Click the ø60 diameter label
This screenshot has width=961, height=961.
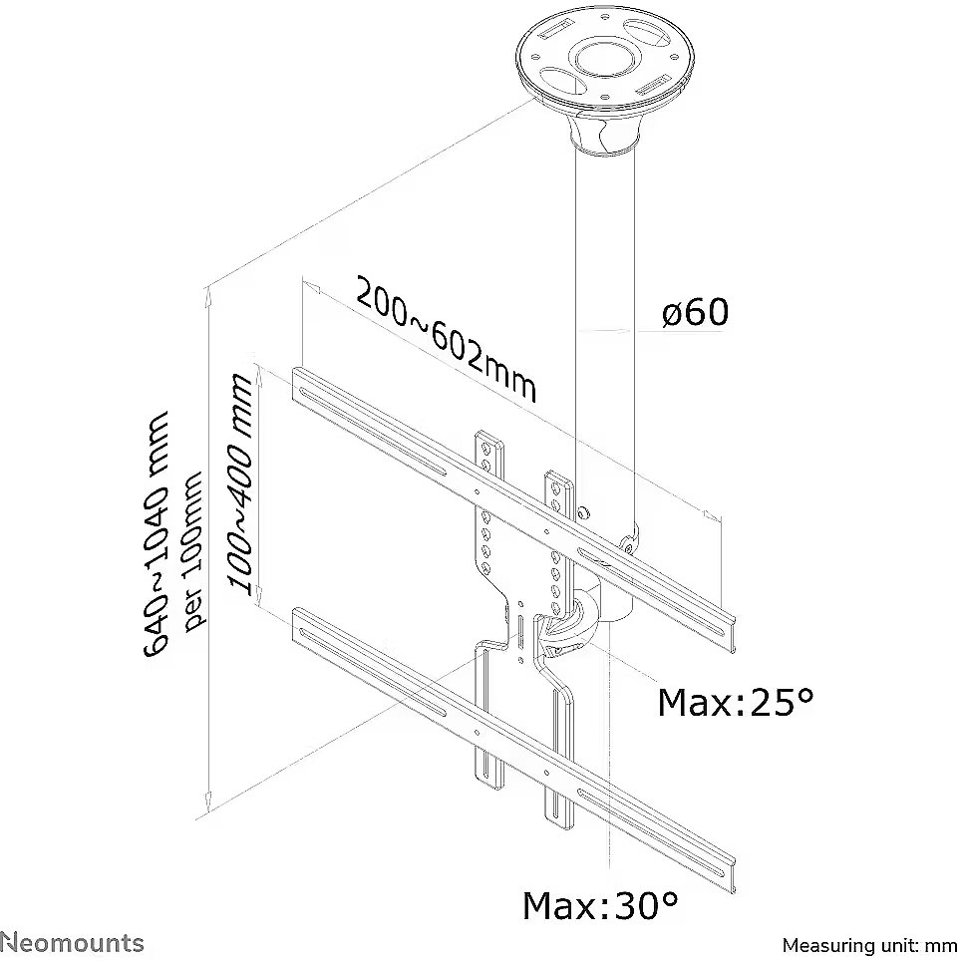coord(695,313)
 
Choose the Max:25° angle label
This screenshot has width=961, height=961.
coord(735,703)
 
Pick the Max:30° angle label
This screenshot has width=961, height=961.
coord(600,906)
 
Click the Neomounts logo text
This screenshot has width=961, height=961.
coord(72,942)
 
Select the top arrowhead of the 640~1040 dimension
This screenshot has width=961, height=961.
coord(208,291)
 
